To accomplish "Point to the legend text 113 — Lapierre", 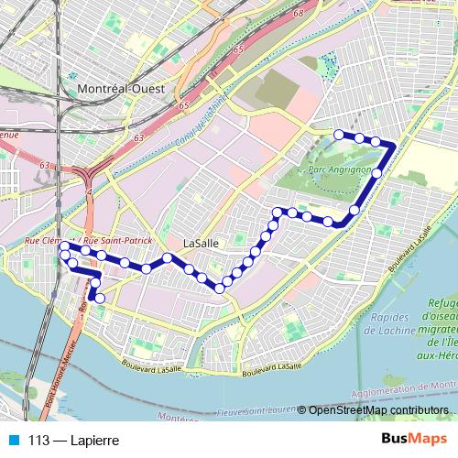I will point(74,441).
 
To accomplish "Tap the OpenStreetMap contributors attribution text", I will point(378,409).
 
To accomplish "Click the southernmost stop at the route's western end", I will point(100,298).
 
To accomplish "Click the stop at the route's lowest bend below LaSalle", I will point(220,289).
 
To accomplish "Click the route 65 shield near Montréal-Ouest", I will point(238,49).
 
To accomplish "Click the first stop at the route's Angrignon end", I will point(339,135).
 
